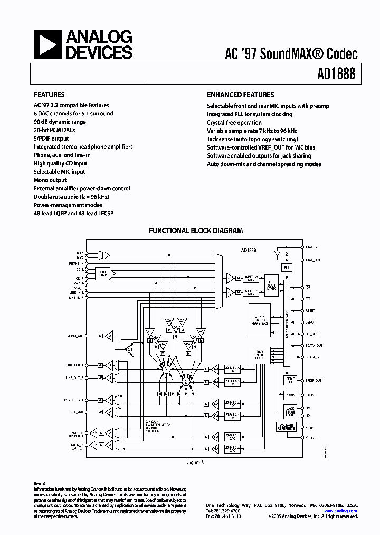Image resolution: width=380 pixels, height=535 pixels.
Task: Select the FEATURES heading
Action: click(x=49, y=95)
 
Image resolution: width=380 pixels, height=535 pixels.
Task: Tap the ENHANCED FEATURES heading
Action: click(x=240, y=95)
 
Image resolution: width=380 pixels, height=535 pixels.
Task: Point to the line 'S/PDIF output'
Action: click(x=51, y=139)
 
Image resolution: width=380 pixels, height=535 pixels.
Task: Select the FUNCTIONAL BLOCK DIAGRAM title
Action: click(x=195, y=230)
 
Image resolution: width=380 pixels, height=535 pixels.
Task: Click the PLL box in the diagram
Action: click(x=287, y=268)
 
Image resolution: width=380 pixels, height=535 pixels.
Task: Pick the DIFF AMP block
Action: click(x=103, y=273)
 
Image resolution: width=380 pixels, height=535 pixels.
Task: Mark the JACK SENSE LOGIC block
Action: click(x=288, y=411)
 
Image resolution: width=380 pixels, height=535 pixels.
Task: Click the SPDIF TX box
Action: click(x=289, y=381)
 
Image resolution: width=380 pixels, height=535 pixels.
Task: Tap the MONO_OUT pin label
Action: click(x=76, y=336)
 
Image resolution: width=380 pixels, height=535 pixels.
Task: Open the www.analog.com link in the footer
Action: click(x=339, y=511)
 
